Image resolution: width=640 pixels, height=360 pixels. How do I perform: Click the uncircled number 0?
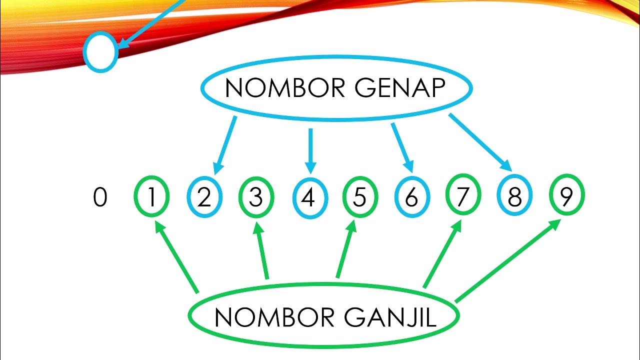[100, 198]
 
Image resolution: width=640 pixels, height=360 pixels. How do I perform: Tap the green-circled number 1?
[151, 198]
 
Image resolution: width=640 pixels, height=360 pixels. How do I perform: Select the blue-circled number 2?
[204, 198]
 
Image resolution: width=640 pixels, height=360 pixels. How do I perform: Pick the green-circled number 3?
[256, 198]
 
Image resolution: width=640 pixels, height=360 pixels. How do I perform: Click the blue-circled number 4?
[309, 198]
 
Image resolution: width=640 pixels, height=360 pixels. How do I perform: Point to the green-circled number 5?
[359, 198]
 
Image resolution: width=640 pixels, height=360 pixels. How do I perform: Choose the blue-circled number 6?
[411, 198]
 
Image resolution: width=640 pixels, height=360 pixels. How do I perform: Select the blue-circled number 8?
[514, 198]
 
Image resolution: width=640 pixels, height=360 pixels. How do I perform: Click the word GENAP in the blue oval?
[395, 88]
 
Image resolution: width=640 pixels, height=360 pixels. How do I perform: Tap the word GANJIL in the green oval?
[390, 317]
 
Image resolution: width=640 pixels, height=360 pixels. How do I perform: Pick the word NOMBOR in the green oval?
[267, 317]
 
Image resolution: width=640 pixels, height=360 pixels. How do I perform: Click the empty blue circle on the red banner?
[100, 52]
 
